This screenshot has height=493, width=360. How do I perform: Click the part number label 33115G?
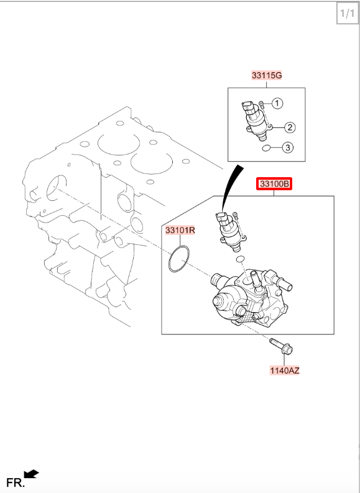pos(267,75)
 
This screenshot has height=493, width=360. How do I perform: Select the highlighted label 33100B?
pos(274,183)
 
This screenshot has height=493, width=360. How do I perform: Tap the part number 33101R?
pos(180,231)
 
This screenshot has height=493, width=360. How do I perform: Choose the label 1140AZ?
pos(285,371)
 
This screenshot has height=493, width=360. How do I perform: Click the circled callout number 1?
pos(277,103)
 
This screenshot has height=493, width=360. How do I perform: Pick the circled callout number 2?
pos(290,127)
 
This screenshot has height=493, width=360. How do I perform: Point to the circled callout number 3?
pos(288,147)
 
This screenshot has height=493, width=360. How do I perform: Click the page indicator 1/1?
pos(347,13)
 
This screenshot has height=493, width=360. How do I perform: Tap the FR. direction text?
pos(16,482)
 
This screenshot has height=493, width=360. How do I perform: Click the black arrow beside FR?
pos(31,474)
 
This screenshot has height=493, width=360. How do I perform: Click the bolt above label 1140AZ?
pos(282,346)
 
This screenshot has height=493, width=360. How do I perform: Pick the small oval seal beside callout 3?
pos(266,147)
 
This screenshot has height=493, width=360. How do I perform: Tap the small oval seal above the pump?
pos(240,259)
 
